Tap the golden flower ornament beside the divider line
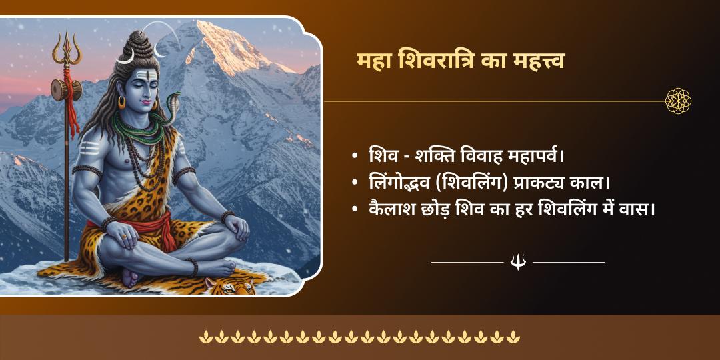click(x=678, y=101)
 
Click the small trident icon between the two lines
click(x=518, y=262)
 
